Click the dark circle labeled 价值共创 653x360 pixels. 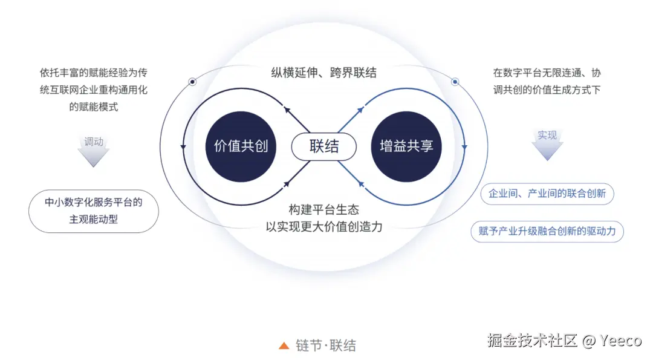241,146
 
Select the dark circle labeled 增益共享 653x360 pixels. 406,146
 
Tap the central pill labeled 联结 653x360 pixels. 324,146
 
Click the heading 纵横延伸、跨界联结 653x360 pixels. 323,73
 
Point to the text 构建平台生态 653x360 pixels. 323,209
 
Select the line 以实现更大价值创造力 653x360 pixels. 324,226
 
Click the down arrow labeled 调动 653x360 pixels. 94,149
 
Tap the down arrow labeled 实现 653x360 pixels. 547,144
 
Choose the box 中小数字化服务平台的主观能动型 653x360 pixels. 94,211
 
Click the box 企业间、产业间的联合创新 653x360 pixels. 547,194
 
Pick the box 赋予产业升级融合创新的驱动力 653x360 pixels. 547,231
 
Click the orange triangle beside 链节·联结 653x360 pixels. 284,345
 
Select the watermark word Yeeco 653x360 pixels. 620,341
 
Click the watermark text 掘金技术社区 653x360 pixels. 533,341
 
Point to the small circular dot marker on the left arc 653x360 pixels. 192,81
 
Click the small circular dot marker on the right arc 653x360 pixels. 455,81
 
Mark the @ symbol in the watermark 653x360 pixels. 590,341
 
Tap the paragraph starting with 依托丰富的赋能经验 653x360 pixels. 94,90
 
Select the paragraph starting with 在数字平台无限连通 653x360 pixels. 547,81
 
